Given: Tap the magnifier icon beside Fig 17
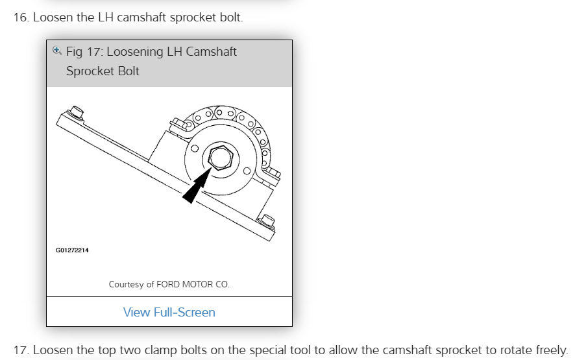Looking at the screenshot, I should pyautogui.click(x=57, y=50).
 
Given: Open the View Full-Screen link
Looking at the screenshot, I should pyautogui.click(x=169, y=312).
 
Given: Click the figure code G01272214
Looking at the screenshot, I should pyautogui.click(x=72, y=250).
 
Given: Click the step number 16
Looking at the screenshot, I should pyautogui.click(x=21, y=18).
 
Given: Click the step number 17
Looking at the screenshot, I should pyautogui.click(x=21, y=350).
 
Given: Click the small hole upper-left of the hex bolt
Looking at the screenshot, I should pyautogui.click(x=194, y=148).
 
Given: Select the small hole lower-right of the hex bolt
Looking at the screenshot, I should pyautogui.click(x=247, y=171).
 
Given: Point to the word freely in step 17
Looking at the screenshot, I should pyautogui.click(x=548, y=350).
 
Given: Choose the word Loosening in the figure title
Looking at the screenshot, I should pyautogui.click(x=135, y=52).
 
